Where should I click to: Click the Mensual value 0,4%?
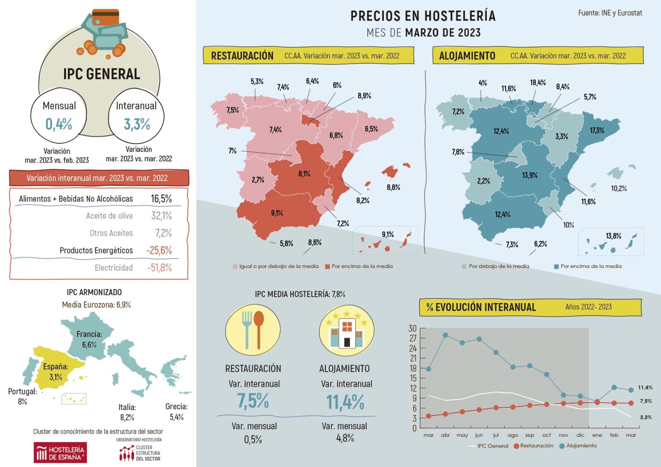(59, 124)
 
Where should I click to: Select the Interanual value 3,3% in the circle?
(137, 124)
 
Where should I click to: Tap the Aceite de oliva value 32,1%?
(161, 216)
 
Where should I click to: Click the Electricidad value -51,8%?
(159, 268)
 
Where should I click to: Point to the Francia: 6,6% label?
(89, 339)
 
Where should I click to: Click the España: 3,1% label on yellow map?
(55, 372)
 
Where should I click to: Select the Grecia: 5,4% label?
(176, 412)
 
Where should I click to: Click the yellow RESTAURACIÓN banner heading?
(242, 56)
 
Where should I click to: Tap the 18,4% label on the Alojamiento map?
(537, 83)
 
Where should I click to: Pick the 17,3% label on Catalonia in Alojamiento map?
(597, 130)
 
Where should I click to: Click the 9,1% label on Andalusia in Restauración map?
(277, 213)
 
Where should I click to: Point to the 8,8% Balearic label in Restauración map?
(393, 187)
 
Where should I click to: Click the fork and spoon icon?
(253, 330)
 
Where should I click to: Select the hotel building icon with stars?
(346, 330)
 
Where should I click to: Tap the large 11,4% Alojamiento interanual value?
(345, 402)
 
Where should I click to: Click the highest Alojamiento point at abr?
(445, 335)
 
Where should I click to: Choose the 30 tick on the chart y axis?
(412, 329)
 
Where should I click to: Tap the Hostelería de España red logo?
(60, 453)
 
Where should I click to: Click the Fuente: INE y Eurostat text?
(610, 13)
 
